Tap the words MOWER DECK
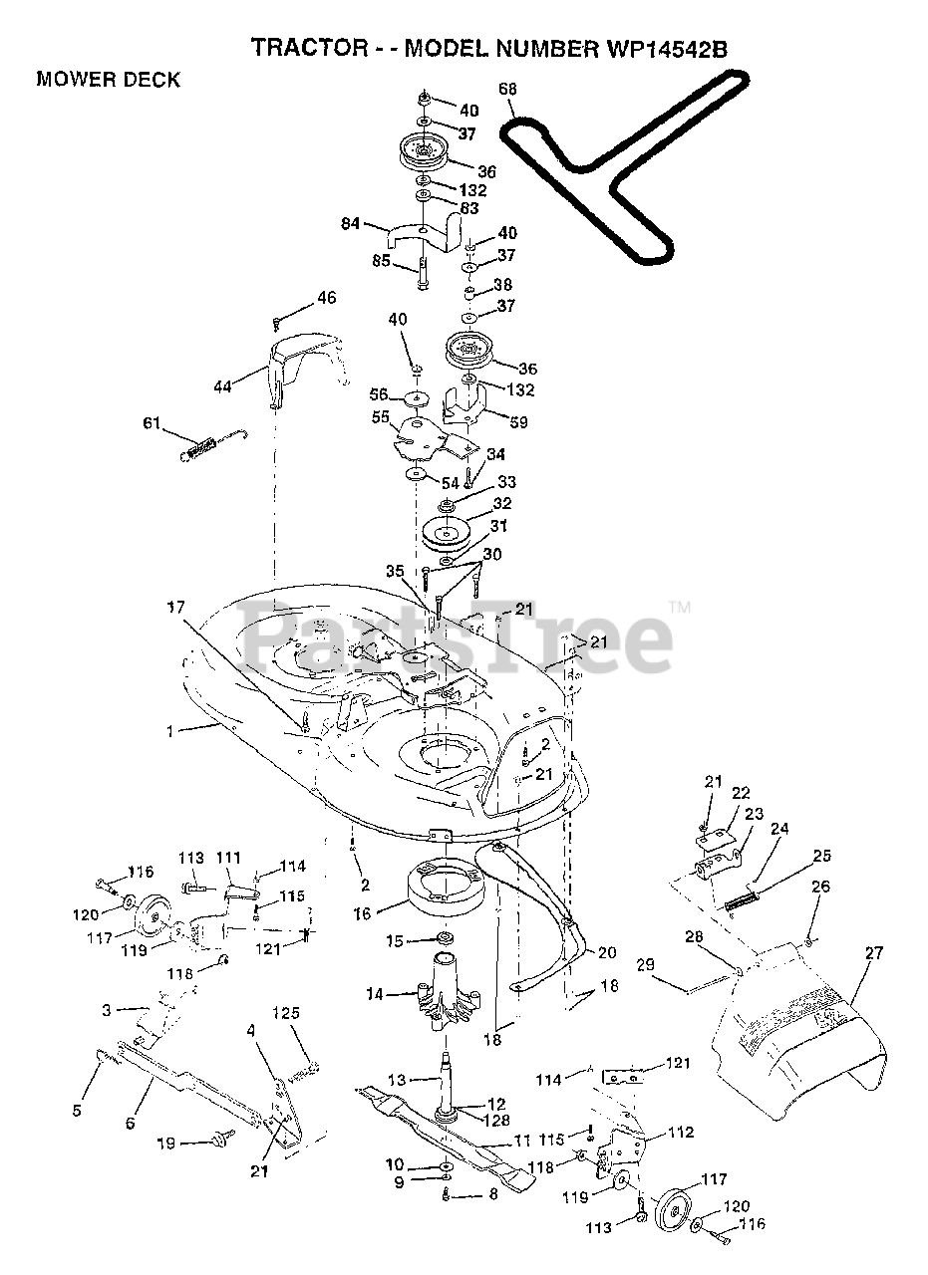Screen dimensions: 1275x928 (x=108, y=81)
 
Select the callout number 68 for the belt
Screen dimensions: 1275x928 (x=507, y=90)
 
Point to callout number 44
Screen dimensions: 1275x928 (x=222, y=385)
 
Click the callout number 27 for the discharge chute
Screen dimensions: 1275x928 (x=873, y=953)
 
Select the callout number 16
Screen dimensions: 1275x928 (x=362, y=912)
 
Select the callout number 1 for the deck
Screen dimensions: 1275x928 (x=170, y=731)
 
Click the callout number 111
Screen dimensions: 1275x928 (x=228, y=858)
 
